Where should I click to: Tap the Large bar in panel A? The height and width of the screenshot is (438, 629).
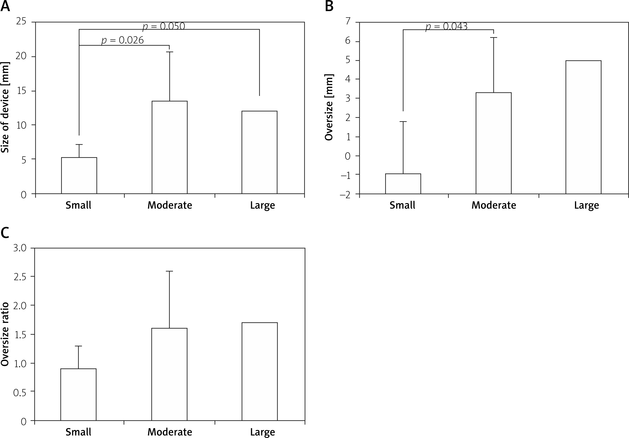260,152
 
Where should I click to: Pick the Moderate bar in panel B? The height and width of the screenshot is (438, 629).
493,143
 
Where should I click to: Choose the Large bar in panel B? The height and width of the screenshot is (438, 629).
583,127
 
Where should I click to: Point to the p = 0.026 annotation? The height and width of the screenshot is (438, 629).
122,40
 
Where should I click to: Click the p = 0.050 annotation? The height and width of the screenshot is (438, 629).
164,26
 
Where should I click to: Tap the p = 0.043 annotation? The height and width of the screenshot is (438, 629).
447,26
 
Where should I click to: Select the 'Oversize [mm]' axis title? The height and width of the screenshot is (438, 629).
329,107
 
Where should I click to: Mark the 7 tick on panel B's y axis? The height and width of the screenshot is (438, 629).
348,21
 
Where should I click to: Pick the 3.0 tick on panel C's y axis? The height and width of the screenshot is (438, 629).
20,248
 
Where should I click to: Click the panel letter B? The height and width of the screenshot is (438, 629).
329,6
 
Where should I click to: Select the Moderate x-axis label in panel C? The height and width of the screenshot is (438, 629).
170,432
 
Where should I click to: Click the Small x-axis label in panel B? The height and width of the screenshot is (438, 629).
402,205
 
